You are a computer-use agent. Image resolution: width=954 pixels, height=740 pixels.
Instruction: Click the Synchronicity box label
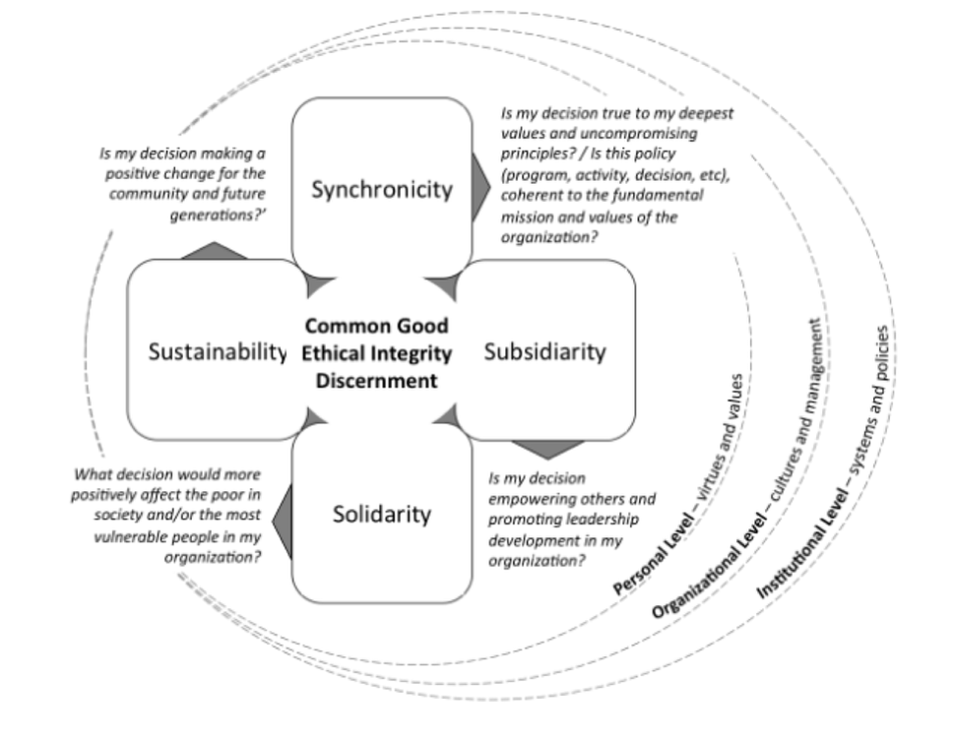(x=382, y=190)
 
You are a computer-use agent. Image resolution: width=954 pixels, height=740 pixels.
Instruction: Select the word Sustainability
(x=217, y=351)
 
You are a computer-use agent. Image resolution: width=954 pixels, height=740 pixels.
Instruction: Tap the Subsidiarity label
(x=544, y=351)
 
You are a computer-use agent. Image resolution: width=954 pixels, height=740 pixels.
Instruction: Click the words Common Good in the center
(x=376, y=326)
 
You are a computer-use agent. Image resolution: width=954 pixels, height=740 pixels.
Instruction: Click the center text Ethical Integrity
(x=376, y=353)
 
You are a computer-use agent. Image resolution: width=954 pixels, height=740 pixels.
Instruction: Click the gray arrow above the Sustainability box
(x=215, y=250)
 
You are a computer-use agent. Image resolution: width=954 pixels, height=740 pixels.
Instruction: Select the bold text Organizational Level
(x=704, y=572)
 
